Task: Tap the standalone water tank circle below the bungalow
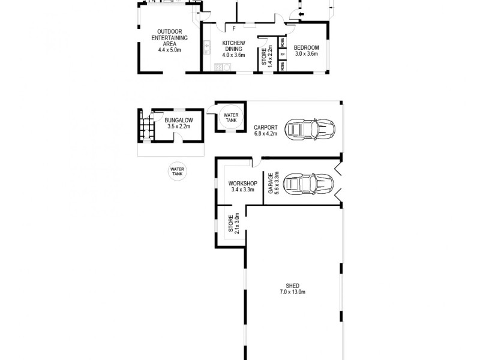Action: tap(177, 172)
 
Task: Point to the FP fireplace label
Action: tap(283, 55)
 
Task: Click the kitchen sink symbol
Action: tap(207, 45)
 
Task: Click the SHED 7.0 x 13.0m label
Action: tap(293, 289)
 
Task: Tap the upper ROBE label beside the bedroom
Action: tap(283, 42)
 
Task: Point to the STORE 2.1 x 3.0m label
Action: tap(233, 223)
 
